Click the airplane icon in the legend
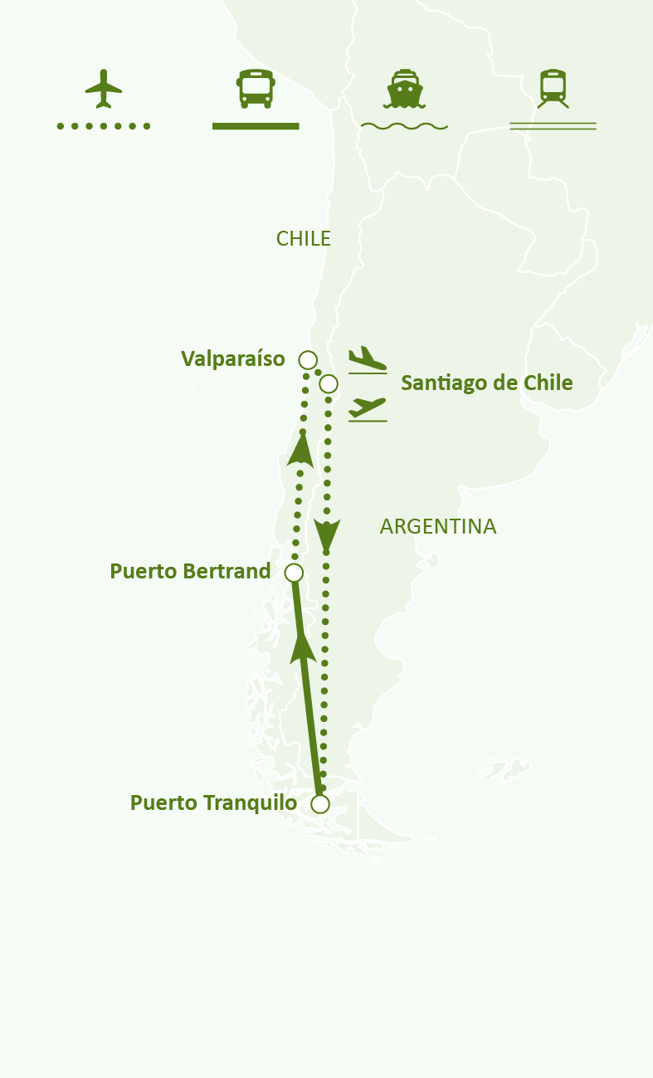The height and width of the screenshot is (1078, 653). pos(103,89)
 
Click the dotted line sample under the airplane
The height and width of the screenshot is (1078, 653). pos(104,126)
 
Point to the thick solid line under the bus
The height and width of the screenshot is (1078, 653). pos(256,126)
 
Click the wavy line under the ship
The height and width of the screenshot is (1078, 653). pos(404,127)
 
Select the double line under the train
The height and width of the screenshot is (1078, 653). pos(553,127)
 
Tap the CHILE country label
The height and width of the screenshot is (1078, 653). pos(304,239)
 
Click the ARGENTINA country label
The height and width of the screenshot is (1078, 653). pos(438,526)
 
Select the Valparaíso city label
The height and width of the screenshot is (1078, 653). pos(233,359)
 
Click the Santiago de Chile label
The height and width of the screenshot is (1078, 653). pos(487,383)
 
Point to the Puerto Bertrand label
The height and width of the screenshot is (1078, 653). pos(190,571)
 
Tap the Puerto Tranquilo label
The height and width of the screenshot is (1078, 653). pos(213,803)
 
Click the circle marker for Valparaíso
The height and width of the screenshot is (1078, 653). pos(308,359)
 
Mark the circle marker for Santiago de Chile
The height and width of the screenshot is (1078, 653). pos(329,383)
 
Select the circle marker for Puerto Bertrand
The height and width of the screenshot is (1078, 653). pos(294,573)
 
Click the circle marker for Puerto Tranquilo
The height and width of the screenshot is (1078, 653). pos(320,804)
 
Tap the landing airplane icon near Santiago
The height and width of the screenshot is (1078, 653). pos(368,360)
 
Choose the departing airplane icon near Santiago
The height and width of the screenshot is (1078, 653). pos(368,408)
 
